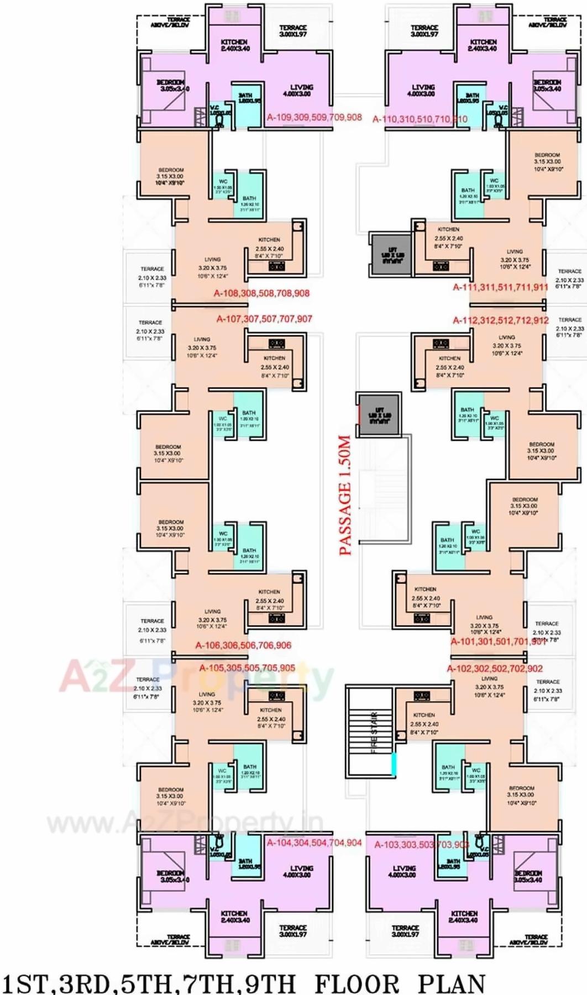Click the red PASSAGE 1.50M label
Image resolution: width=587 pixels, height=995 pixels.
coord(345,495)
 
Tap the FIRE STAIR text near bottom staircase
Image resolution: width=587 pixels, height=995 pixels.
coord(374,732)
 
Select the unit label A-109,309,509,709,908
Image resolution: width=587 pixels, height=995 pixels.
coord(314,117)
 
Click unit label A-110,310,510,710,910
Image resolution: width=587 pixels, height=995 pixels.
coord(420,119)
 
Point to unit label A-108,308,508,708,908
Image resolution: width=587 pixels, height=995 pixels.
coord(261,293)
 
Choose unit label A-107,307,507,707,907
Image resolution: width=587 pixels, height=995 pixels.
coord(264,319)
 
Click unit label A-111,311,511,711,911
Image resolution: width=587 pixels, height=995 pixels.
coord(500,287)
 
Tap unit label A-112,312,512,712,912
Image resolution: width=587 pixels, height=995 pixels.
coord(500,320)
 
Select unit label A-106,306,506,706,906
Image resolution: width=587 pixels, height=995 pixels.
coord(243,645)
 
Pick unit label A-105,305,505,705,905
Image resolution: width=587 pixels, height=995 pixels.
coord(247,668)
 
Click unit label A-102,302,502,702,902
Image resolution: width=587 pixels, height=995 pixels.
coord(495,668)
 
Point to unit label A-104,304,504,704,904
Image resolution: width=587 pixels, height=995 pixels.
coord(314,843)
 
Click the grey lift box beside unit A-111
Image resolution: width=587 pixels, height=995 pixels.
coord(390,254)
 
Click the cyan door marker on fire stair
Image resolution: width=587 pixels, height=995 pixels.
coord(394,764)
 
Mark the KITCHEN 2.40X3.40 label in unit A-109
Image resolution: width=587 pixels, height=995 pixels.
coord(234,45)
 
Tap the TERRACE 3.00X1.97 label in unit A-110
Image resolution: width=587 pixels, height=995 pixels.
coord(424,31)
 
